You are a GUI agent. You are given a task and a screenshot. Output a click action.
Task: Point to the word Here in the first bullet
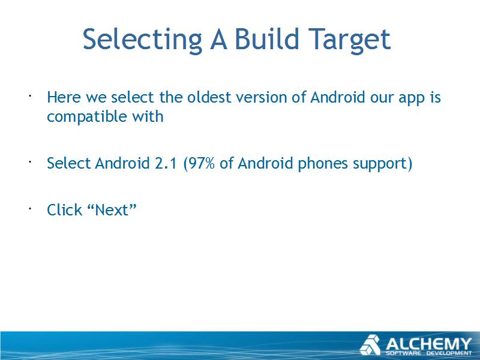64,97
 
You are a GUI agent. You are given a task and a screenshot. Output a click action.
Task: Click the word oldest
209,97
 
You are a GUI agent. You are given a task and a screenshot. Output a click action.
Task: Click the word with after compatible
148,116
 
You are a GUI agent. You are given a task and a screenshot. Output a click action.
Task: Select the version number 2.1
166,163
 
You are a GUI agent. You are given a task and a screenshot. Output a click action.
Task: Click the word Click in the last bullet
65,210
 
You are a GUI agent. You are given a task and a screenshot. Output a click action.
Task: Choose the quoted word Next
112,210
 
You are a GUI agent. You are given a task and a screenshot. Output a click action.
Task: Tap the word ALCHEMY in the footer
428,344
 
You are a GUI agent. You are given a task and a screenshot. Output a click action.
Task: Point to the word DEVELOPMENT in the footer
449,353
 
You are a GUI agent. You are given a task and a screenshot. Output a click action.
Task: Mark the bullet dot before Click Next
30,209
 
